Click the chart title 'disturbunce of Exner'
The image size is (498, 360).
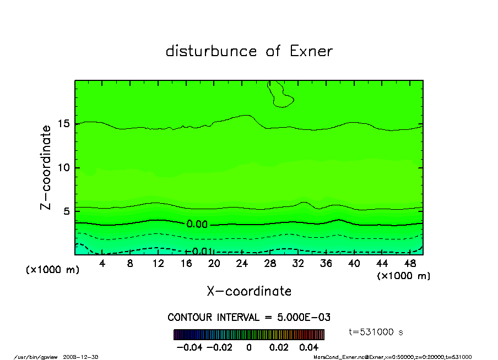(249, 52)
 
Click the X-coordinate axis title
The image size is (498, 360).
(249, 291)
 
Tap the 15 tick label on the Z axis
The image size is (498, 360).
(64, 124)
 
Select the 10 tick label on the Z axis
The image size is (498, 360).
(64, 168)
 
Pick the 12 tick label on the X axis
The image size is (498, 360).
(158, 264)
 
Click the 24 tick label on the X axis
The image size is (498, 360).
(242, 264)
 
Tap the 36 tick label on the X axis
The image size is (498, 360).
(326, 264)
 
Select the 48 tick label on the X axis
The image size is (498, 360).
(410, 264)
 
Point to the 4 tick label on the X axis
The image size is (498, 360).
(102, 264)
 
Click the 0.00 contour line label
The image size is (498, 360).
(197, 224)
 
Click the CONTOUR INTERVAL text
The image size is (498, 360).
(249, 318)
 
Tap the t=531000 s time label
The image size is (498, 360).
(376, 332)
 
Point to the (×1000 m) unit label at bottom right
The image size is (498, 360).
(403, 275)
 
